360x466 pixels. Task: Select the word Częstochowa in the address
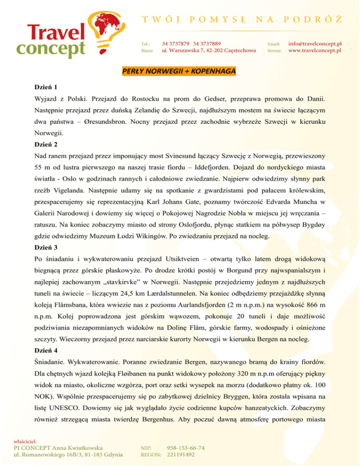click(235, 50)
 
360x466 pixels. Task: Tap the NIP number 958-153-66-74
click(186, 448)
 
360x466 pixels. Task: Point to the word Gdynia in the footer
click(111, 454)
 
